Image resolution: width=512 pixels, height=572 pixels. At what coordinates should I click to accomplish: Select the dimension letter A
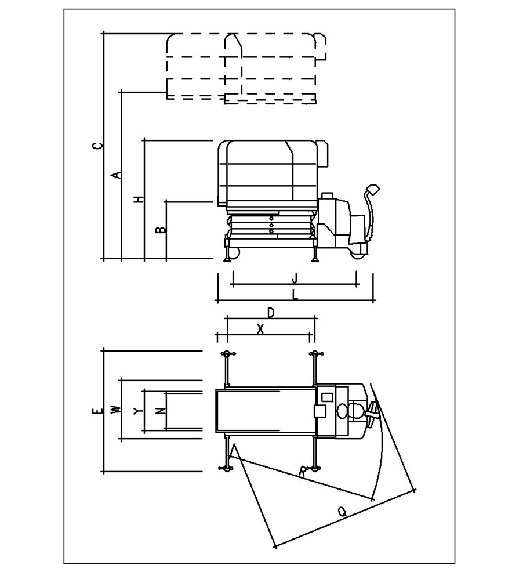[116, 175]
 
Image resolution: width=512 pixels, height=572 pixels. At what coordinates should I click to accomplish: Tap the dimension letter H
[139, 199]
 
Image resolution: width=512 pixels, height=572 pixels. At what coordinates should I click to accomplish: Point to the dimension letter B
[161, 230]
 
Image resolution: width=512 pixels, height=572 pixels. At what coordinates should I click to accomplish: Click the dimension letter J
[295, 278]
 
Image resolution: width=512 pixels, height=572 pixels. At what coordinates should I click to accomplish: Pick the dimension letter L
[295, 295]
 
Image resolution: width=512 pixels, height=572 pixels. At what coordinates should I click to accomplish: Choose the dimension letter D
[271, 313]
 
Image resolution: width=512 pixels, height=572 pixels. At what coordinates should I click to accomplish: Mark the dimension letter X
[260, 330]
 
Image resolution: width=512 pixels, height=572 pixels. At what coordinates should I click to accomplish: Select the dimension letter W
[116, 410]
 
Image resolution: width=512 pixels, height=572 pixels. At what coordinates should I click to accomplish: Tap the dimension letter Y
[137, 411]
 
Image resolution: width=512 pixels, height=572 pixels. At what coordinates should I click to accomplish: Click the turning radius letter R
[303, 472]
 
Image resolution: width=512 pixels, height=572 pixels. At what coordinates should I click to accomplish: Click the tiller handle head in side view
[373, 189]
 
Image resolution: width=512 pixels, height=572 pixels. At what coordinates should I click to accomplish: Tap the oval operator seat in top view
[343, 411]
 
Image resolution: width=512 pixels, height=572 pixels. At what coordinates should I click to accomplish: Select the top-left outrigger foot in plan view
[227, 353]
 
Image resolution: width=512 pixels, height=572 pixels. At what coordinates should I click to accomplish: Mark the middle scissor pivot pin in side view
[271, 225]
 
